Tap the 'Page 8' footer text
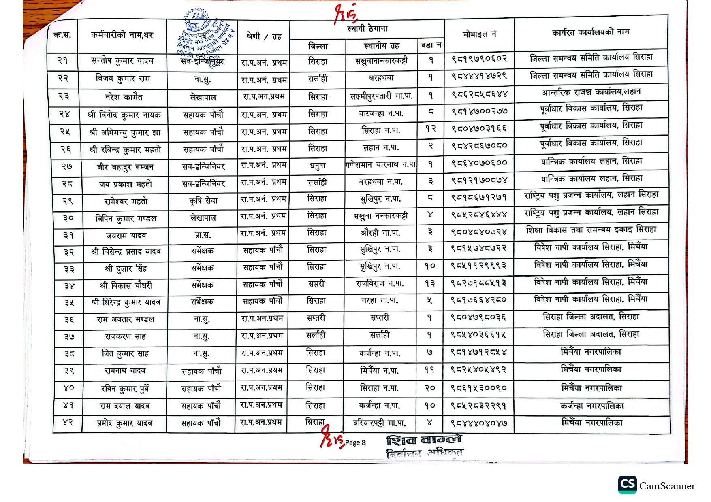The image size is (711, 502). (x=355, y=442)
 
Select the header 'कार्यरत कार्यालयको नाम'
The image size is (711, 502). (x=590, y=32)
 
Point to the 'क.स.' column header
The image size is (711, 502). (x=62, y=36)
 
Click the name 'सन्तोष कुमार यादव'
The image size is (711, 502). (x=122, y=61)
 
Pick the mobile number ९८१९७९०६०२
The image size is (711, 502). (x=479, y=59)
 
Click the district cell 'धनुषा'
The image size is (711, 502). (x=317, y=166)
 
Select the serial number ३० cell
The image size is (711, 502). (x=68, y=218)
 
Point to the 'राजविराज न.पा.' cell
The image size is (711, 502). (x=380, y=283)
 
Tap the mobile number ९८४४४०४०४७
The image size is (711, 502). (x=479, y=423)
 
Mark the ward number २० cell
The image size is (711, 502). (x=430, y=388)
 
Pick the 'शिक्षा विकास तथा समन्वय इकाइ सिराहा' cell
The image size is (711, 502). (x=591, y=230)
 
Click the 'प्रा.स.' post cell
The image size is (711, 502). (x=202, y=235)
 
